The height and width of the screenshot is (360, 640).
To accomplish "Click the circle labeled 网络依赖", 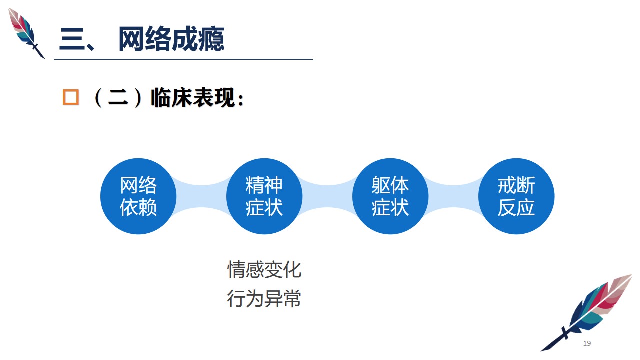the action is [x=138, y=196].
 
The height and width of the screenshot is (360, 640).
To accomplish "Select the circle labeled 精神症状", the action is [x=264, y=196].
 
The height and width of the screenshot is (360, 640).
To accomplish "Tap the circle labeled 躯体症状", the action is [x=390, y=196].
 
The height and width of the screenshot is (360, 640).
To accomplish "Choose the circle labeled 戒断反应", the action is [x=516, y=196].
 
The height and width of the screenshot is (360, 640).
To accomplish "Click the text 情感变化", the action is [x=264, y=269].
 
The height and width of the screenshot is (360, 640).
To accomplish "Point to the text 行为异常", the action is [x=264, y=298].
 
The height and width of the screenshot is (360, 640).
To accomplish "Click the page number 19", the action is [x=587, y=343].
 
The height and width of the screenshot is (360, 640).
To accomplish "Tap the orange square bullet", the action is [x=71, y=97].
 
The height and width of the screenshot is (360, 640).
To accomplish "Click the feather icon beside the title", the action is [x=26, y=33].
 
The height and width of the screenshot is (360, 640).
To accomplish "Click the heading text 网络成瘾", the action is [x=171, y=39].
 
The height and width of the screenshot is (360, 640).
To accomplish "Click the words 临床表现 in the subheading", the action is [x=193, y=97].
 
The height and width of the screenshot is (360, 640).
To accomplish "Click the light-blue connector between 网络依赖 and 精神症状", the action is [x=201, y=196].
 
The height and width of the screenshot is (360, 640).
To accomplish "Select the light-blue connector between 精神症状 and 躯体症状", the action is [x=327, y=196].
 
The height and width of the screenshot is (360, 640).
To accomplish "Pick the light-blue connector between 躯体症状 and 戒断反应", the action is [x=453, y=196].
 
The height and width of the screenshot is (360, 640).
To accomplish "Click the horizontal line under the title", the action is [x=183, y=59].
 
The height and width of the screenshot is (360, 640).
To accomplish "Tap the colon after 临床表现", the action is [x=241, y=100].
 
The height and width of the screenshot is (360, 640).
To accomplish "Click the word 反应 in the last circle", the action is [x=516, y=207].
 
